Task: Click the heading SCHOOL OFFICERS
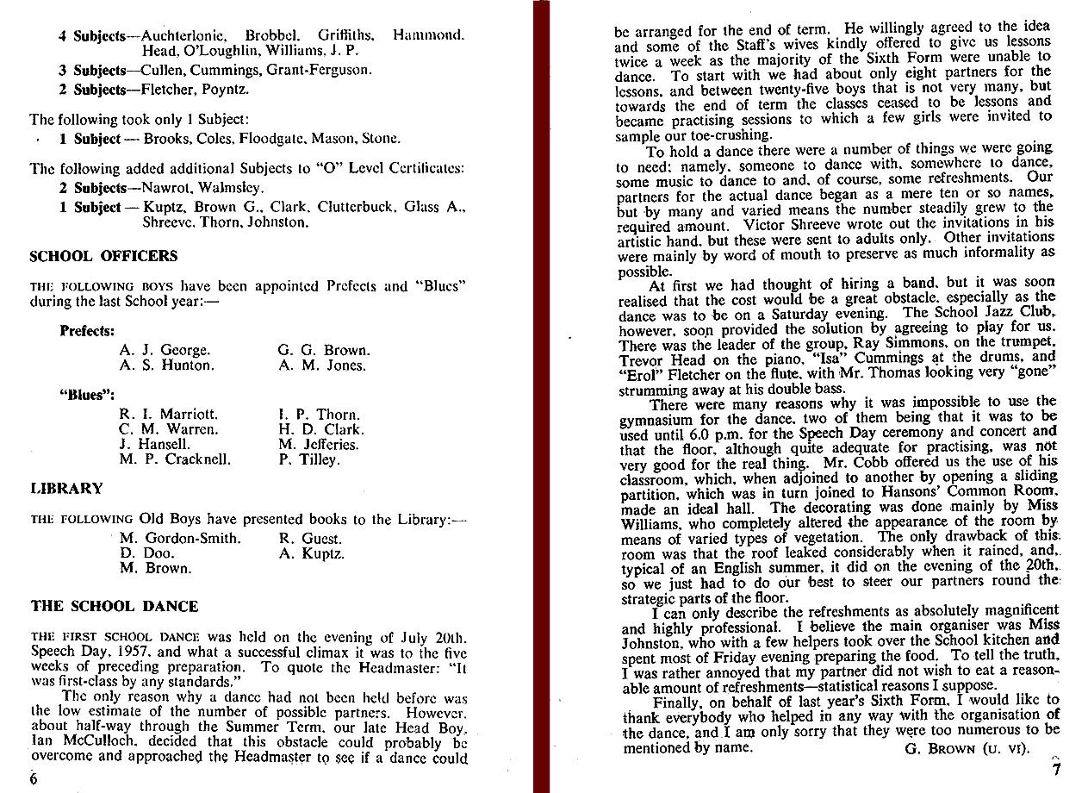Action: coord(103,256)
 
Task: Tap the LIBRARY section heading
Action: coord(66,488)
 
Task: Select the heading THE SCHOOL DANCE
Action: coord(115,606)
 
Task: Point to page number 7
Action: coord(1056,771)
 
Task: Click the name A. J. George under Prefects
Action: coord(165,350)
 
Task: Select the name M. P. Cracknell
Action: coord(175,459)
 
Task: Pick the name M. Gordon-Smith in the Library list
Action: coord(181,539)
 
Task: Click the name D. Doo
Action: coord(147,553)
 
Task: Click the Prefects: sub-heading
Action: coord(87,330)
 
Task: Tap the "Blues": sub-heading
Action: coord(87,395)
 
